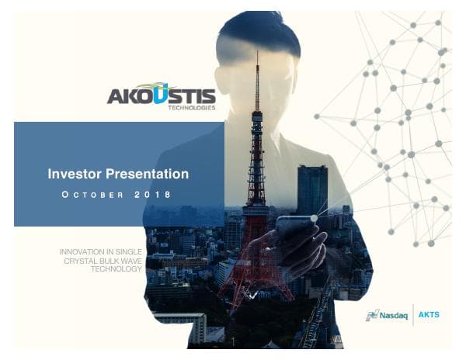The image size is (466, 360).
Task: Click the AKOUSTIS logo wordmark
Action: [161, 95]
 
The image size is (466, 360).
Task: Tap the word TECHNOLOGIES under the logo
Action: [191, 108]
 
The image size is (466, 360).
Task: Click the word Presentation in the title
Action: [147, 175]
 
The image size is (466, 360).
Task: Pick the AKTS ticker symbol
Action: [429, 315]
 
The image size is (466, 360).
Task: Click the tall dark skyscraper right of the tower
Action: [312, 190]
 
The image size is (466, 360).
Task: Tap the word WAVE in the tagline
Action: [129, 261]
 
